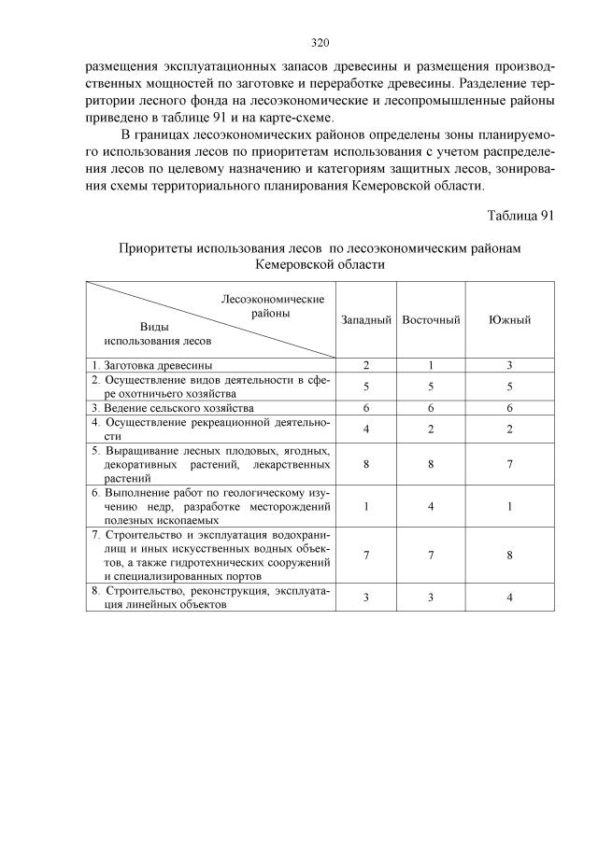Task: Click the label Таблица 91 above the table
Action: click(520, 216)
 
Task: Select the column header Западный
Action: click(365, 320)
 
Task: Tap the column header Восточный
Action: click(431, 320)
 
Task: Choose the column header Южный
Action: click(510, 320)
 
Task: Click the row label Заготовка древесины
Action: click(150, 365)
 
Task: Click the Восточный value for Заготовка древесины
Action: click(431, 365)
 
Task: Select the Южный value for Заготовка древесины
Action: click(510, 365)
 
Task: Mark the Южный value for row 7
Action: click(510, 556)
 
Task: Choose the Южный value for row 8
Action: click(510, 598)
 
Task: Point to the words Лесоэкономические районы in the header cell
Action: click(272, 306)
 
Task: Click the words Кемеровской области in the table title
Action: click(319, 265)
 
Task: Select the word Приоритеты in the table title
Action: click(155, 248)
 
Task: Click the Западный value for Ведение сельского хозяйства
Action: click(365, 408)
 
